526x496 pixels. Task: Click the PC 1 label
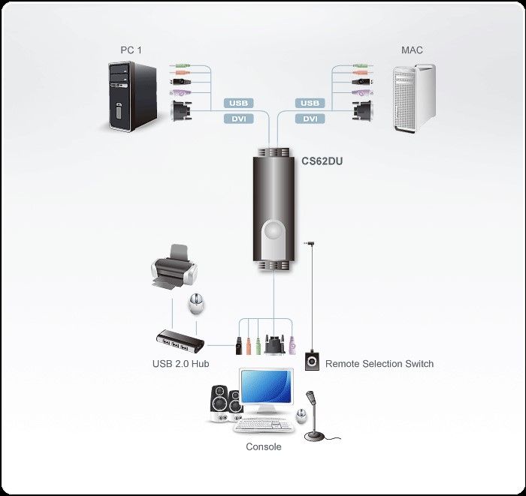[x=131, y=50]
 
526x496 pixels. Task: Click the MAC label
[x=412, y=50]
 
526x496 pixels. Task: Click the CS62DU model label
[x=322, y=161]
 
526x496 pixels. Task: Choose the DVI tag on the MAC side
[x=310, y=119]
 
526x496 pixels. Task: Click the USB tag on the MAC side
[x=310, y=103]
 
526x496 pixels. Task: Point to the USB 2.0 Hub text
[x=180, y=364]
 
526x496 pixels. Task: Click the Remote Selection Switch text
[x=379, y=364]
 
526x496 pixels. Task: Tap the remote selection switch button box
[x=313, y=361]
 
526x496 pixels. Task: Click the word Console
[x=264, y=446]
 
